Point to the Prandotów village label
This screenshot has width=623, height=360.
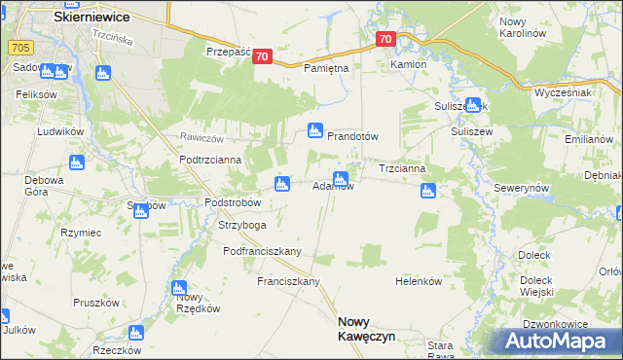[351, 137]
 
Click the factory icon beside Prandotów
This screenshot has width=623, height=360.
[315, 129]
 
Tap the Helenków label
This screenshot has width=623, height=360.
[419, 281]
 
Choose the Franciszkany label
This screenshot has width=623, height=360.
[289, 281]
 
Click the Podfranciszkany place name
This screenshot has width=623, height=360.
[262, 251]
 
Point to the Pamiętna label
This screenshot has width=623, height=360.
[326, 69]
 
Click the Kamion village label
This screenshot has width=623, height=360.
[409, 64]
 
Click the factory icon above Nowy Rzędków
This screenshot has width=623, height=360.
[179, 288]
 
